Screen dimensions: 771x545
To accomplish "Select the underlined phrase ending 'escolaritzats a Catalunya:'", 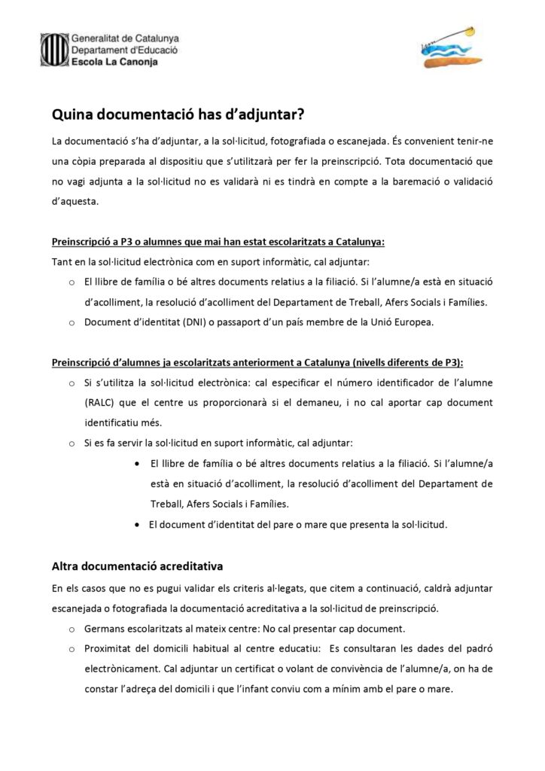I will [x=218, y=242].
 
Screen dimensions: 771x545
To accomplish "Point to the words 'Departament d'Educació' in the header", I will [x=124, y=50].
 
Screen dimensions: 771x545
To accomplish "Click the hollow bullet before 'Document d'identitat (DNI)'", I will [x=70, y=323].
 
